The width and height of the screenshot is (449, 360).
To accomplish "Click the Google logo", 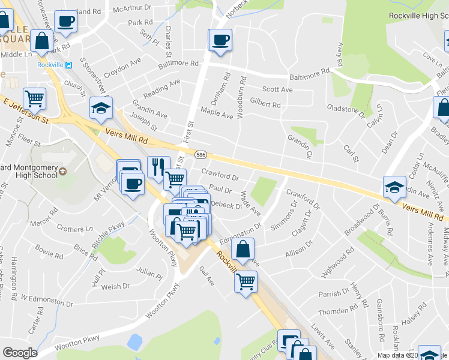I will click(20, 353).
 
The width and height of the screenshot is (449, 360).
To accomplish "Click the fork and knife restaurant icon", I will click(158, 166).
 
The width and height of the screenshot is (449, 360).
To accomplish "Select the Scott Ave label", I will click(277, 89).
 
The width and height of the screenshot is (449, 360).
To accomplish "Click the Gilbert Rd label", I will click(265, 104).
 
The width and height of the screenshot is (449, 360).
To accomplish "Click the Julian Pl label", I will click(149, 271).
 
